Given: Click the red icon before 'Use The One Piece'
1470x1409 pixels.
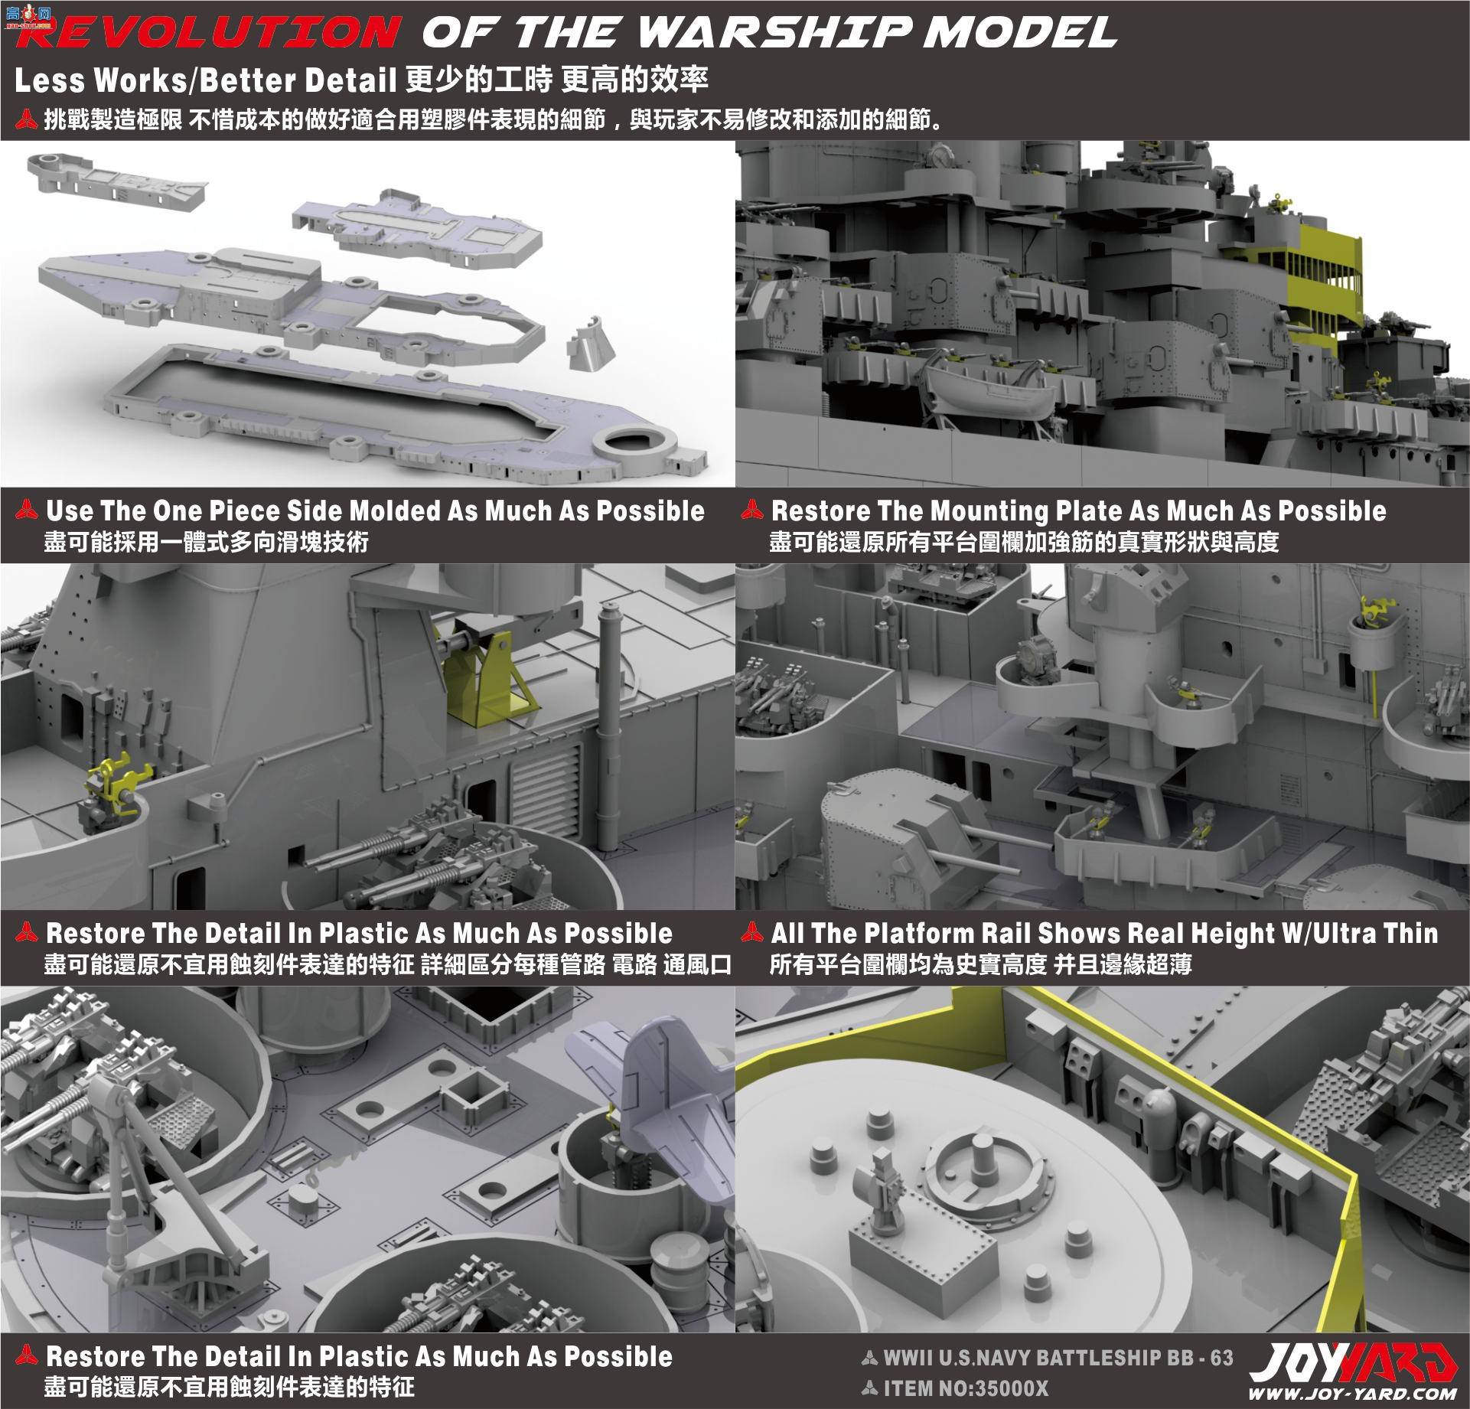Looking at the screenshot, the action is click(28, 511).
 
